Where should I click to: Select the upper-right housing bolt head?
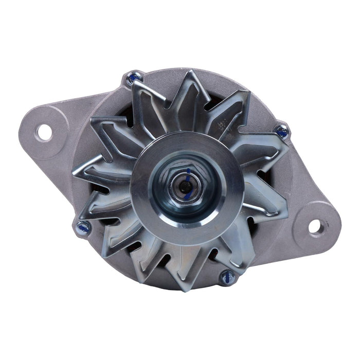coord(282,132)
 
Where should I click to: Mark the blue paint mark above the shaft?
coord(188,172)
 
